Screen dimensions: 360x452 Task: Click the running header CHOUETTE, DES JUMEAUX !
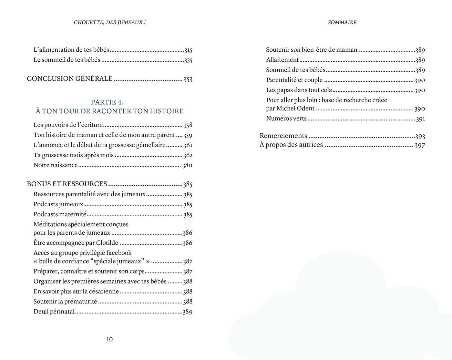(109, 22)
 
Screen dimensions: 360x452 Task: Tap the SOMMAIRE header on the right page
(342, 22)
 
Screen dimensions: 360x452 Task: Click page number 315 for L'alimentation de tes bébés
(188, 50)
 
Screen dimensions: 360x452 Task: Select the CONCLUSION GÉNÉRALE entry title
(70, 78)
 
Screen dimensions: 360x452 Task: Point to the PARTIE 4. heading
(107, 102)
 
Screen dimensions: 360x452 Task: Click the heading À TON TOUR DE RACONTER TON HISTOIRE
(109, 111)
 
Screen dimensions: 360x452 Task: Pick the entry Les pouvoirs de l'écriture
(68, 125)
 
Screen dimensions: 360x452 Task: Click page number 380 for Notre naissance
(187, 165)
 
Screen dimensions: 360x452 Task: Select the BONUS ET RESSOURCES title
(67, 184)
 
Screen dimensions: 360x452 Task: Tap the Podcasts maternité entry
(60, 214)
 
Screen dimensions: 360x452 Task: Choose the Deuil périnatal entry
(54, 312)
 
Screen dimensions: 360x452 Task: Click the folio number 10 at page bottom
(109, 339)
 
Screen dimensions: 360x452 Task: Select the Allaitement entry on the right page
(282, 60)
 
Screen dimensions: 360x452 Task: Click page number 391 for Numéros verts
(420, 119)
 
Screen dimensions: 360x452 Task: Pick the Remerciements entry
(283, 136)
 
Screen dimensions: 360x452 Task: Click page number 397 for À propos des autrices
(420, 145)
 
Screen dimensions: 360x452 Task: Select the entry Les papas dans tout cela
(299, 90)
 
